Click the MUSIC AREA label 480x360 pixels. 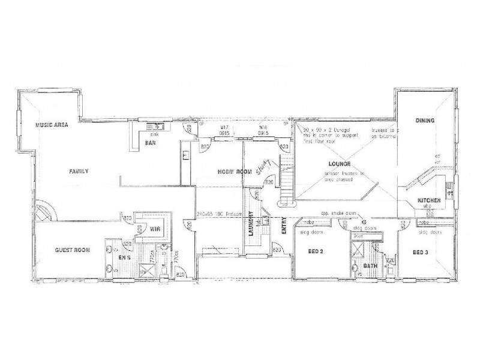pyautogui.click(x=51, y=125)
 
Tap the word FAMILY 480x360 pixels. pyautogui.click(x=79, y=171)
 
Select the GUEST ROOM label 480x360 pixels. pyautogui.click(x=73, y=251)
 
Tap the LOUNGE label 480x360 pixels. pyautogui.click(x=339, y=163)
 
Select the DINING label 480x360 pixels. pyautogui.click(x=425, y=121)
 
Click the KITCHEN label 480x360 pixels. pyautogui.click(x=431, y=200)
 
